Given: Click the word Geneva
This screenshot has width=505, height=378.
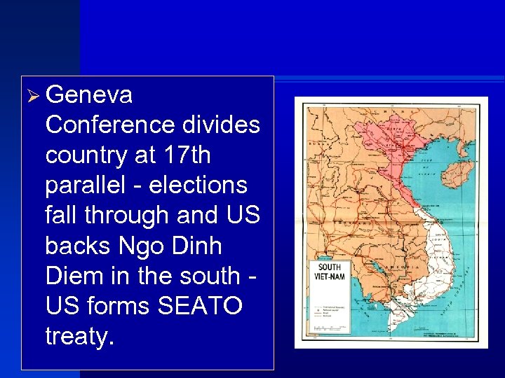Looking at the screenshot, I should coord(88,94).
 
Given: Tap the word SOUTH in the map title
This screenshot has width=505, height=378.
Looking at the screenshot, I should coord(330,267).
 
